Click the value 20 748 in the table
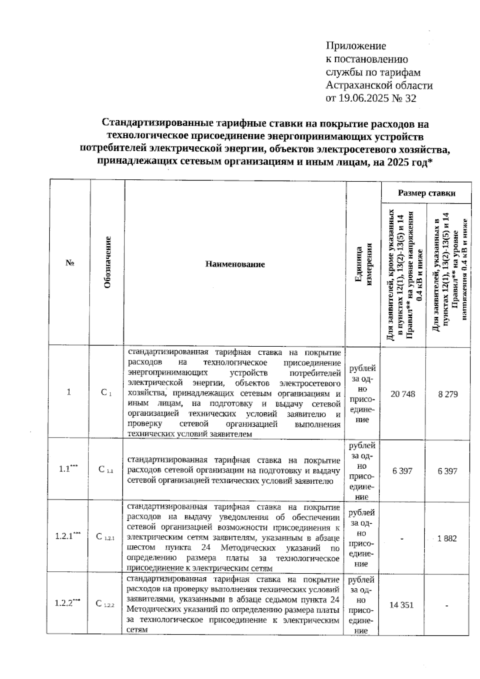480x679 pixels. [x=403, y=394]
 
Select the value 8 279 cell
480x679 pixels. [x=448, y=394]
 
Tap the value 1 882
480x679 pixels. [x=447, y=538]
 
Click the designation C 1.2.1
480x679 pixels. [x=105, y=537]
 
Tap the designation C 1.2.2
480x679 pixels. [x=105, y=604]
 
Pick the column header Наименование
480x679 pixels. [x=235, y=264]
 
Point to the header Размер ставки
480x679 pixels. [x=426, y=193]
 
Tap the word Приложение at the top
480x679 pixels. [x=356, y=46]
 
